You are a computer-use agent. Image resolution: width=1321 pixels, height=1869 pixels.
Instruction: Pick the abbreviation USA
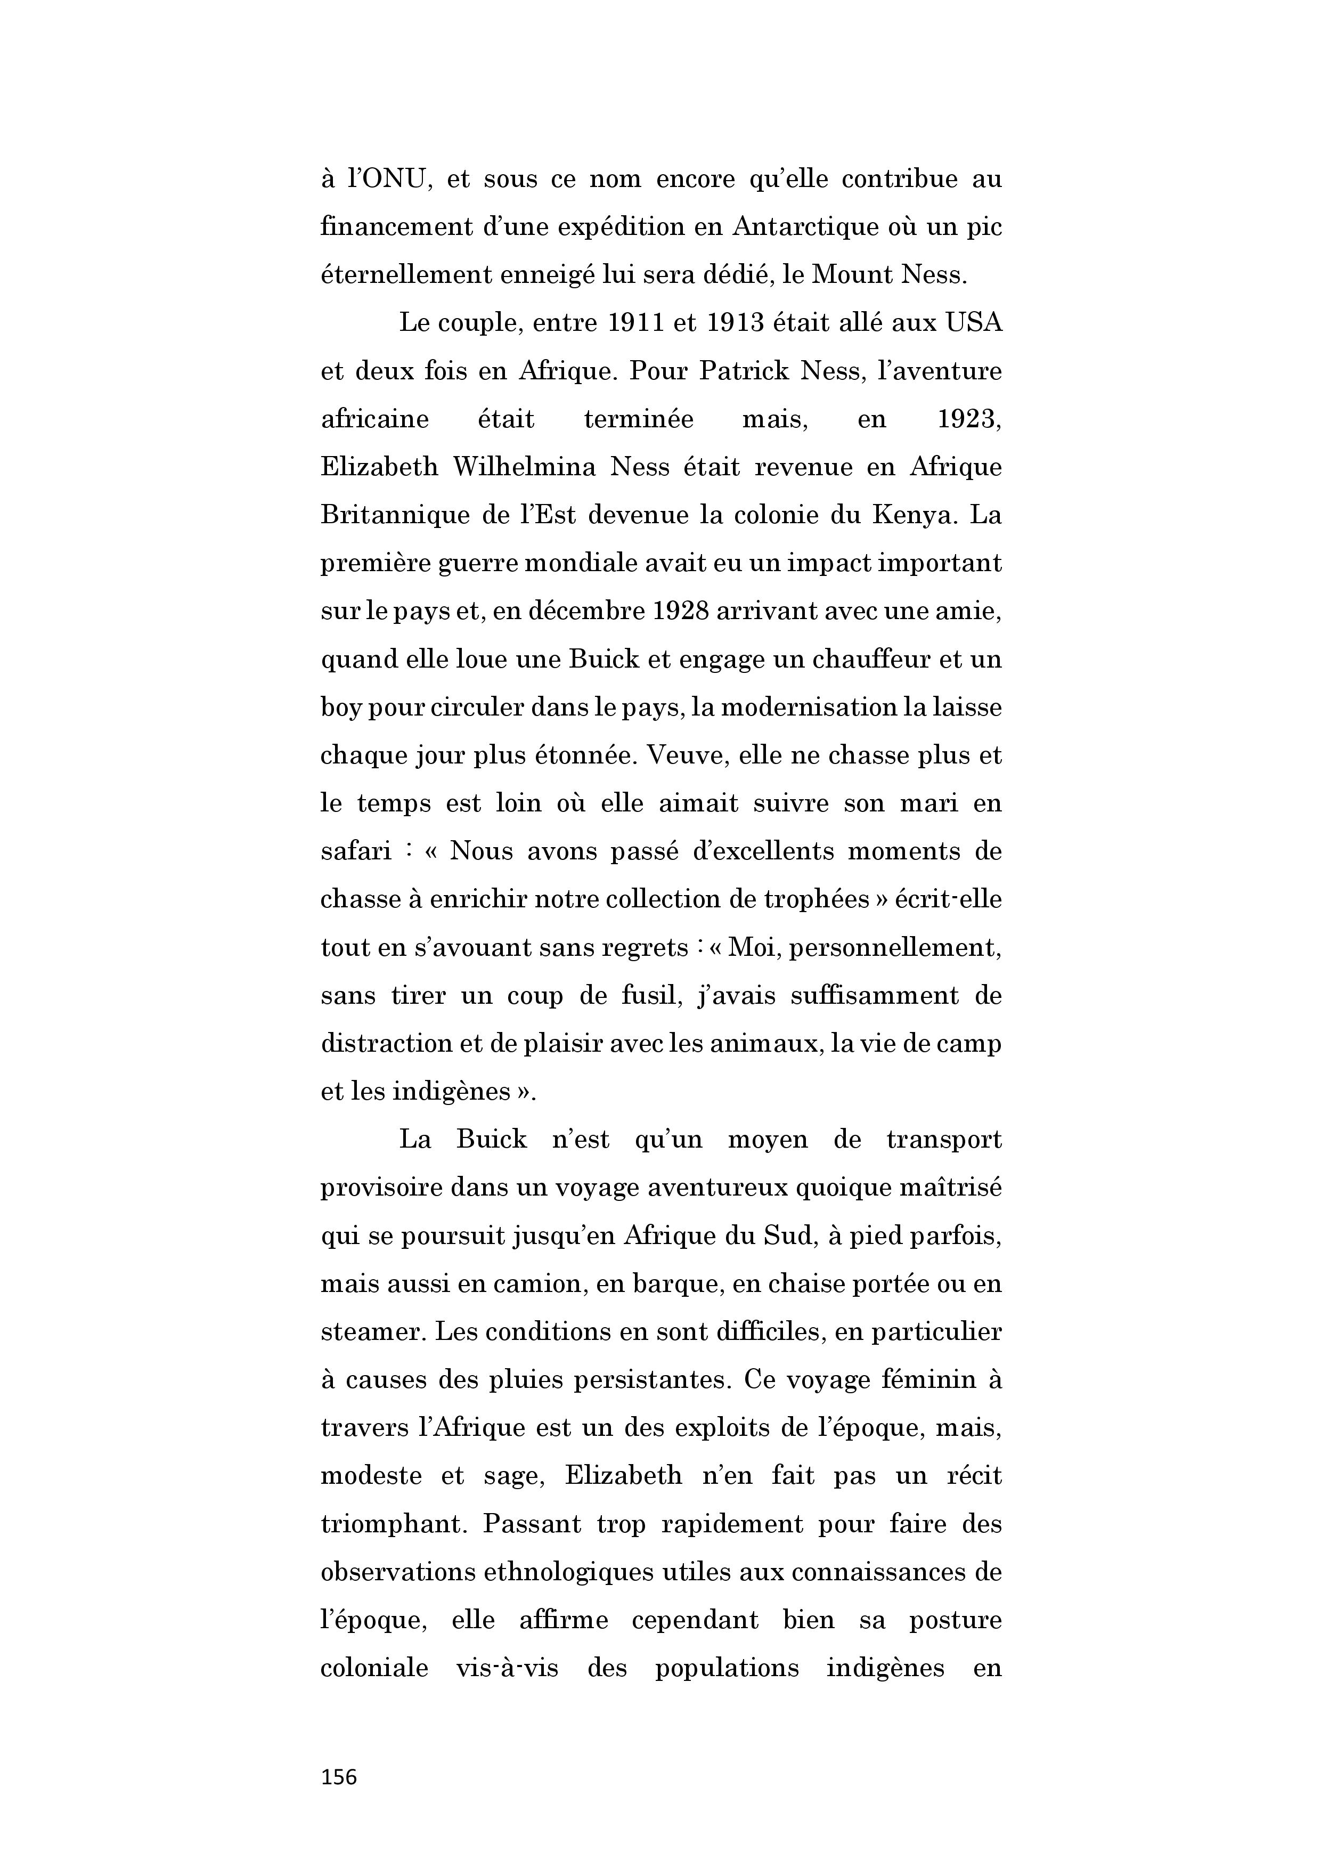(973, 323)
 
